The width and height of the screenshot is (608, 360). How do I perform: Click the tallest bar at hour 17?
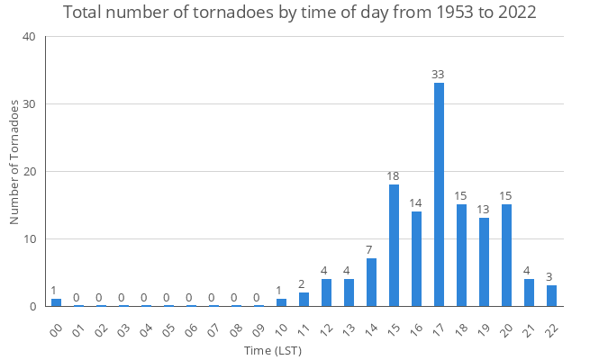[x=439, y=194]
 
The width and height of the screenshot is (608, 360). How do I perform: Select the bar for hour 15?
[x=394, y=245]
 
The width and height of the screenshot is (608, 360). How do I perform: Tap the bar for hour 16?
[x=416, y=258]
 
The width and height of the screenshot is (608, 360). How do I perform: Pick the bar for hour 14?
[x=371, y=283]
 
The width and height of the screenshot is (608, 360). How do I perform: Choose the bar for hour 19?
[x=484, y=262]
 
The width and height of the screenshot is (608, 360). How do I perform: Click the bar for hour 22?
[x=551, y=296]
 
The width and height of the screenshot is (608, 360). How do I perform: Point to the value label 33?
[x=439, y=75]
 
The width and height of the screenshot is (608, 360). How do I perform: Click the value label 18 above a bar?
[x=394, y=176]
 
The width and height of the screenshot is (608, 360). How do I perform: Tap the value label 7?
[x=371, y=250]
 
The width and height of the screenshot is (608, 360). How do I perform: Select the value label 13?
[x=484, y=210]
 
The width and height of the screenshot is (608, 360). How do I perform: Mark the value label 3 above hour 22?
[x=551, y=277]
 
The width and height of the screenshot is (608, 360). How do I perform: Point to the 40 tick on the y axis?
[x=30, y=37]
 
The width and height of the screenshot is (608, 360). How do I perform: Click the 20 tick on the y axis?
[x=30, y=171]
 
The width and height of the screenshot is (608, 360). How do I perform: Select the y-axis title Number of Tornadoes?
[x=14, y=162]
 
